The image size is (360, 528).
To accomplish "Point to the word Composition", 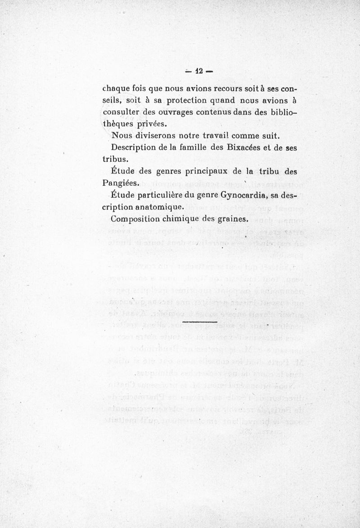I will [x=139, y=219].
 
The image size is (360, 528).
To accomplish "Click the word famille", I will [x=194, y=147].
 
